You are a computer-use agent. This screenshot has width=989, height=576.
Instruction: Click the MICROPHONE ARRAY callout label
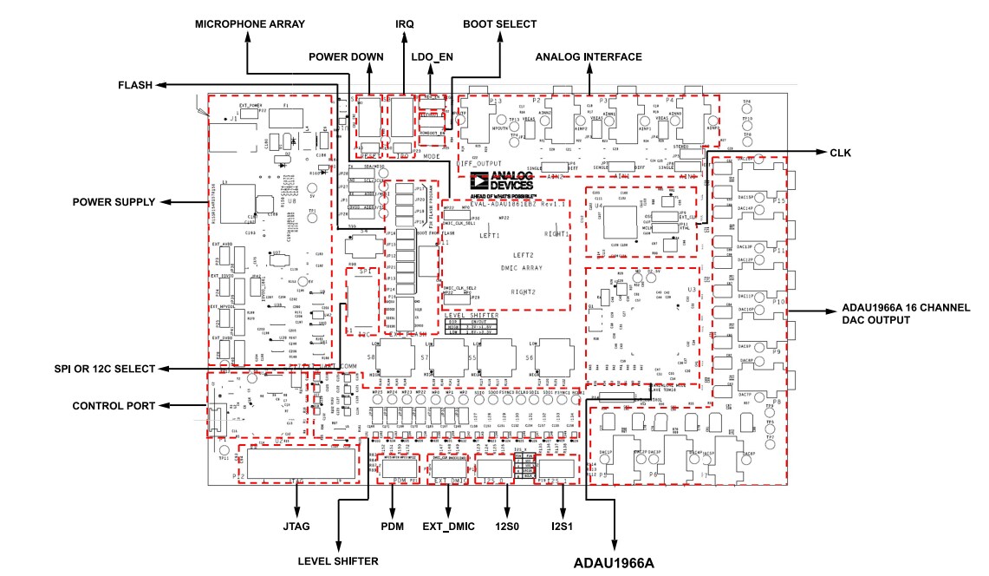tap(250, 24)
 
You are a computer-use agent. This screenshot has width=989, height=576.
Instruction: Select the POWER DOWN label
tap(346, 57)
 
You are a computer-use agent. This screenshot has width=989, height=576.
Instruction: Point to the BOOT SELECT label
tap(499, 24)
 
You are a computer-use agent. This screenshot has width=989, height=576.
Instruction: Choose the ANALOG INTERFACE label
tap(589, 57)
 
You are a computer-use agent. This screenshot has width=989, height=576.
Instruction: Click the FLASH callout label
tap(135, 85)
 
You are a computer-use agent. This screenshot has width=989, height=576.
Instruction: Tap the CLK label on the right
tap(841, 154)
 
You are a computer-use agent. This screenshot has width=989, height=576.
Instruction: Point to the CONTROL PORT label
tap(114, 405)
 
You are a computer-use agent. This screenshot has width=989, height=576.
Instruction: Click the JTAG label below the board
tap(296, 526)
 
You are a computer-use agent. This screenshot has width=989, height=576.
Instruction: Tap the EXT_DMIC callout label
tap(448, 526)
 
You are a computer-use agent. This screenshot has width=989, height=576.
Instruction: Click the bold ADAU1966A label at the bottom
tap(614, 563)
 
